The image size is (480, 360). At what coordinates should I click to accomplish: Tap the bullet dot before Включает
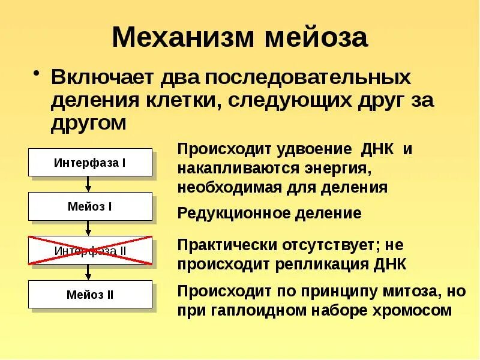37,74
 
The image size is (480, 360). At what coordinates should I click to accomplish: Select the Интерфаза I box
90,163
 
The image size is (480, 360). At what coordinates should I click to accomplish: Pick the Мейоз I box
90,206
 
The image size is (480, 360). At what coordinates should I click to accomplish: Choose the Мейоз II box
90,295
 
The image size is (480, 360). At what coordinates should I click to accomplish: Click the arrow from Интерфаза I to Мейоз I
89,184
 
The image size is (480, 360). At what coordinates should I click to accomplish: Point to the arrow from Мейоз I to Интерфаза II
89,228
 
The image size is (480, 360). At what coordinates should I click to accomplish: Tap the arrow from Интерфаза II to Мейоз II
89,272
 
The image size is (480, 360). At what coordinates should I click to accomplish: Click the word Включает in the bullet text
102,78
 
